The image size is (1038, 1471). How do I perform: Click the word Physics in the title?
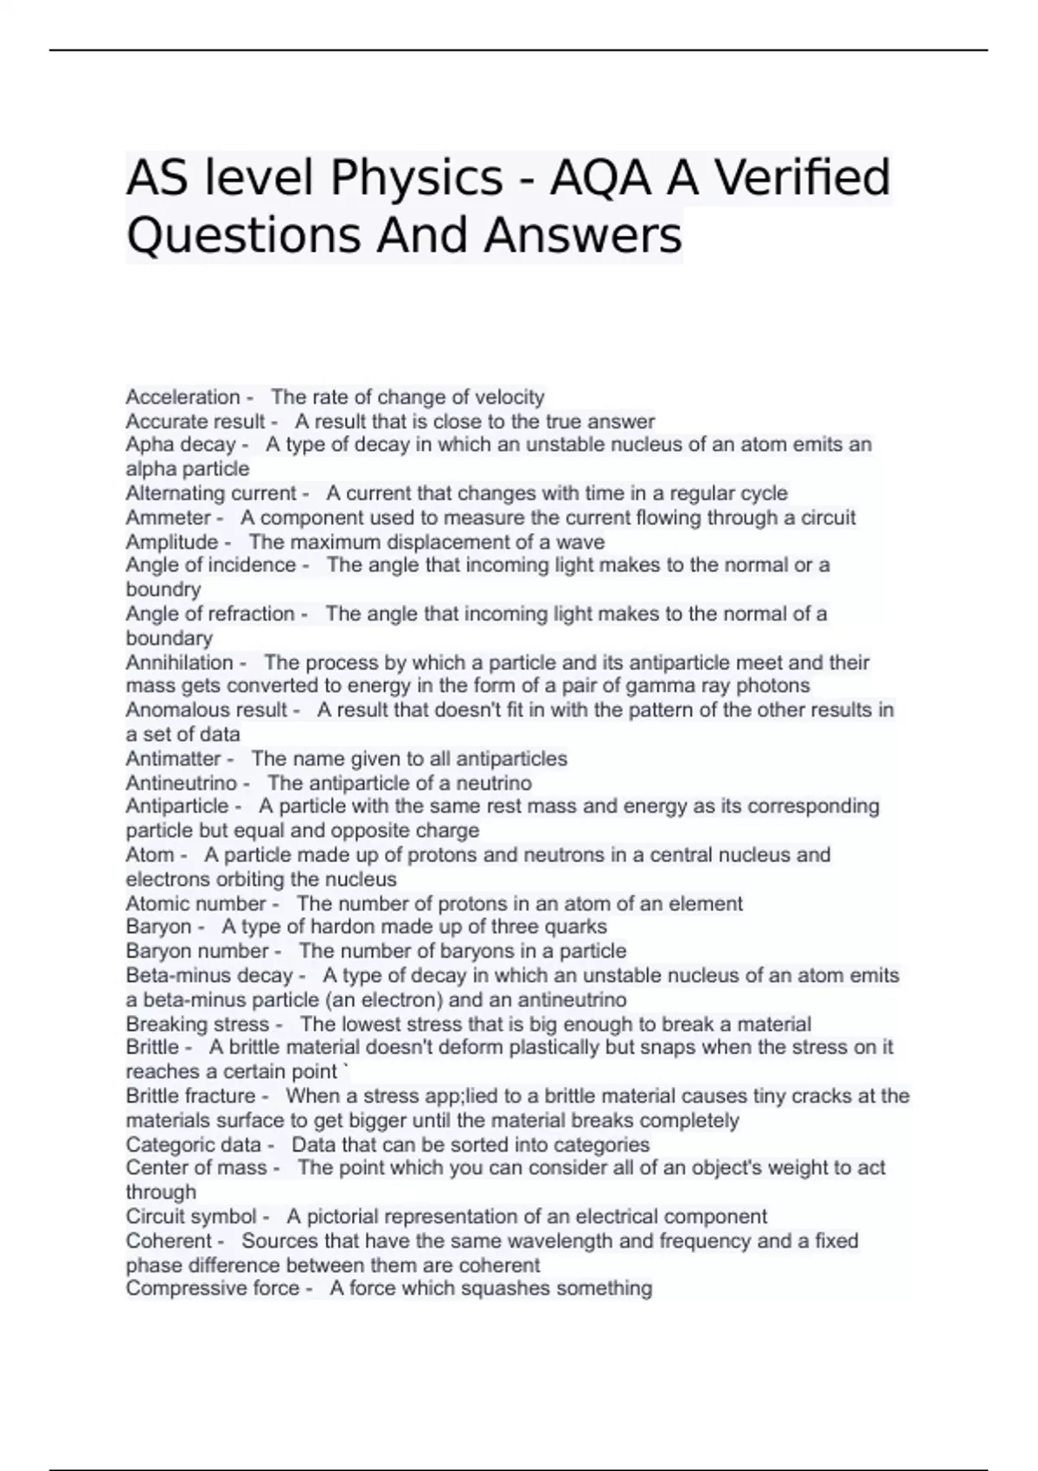click(416, 178)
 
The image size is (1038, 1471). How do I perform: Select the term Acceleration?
click(183, 397)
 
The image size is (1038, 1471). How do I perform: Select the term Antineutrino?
click(181, 783)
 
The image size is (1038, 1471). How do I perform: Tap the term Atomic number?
click(195, 903)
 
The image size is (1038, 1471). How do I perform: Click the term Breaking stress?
click(197, 1024)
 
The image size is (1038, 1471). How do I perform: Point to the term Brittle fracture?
click(190, 1095)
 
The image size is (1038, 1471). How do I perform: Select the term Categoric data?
click(193, 1144)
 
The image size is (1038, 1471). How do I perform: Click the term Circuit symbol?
click(191, 1217)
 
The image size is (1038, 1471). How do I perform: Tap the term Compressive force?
click(212, 1288)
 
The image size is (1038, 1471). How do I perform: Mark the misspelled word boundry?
click(163, 589)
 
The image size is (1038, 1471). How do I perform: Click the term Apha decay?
click(180, 445)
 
